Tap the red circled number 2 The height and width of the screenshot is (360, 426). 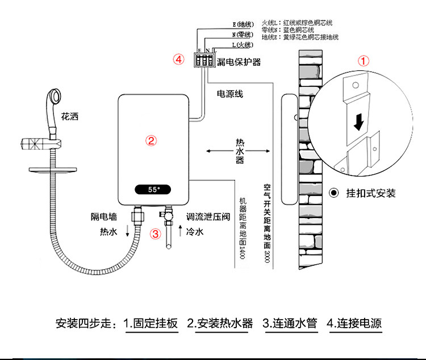152,140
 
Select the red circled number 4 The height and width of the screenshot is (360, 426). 178,59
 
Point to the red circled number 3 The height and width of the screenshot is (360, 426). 154,233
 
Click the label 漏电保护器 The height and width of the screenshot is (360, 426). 239,61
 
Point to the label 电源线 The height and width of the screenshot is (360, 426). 230,94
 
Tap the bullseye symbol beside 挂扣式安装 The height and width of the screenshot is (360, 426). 335,193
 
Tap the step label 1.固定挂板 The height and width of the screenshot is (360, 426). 151,324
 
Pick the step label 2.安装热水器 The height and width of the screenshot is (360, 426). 220,324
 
